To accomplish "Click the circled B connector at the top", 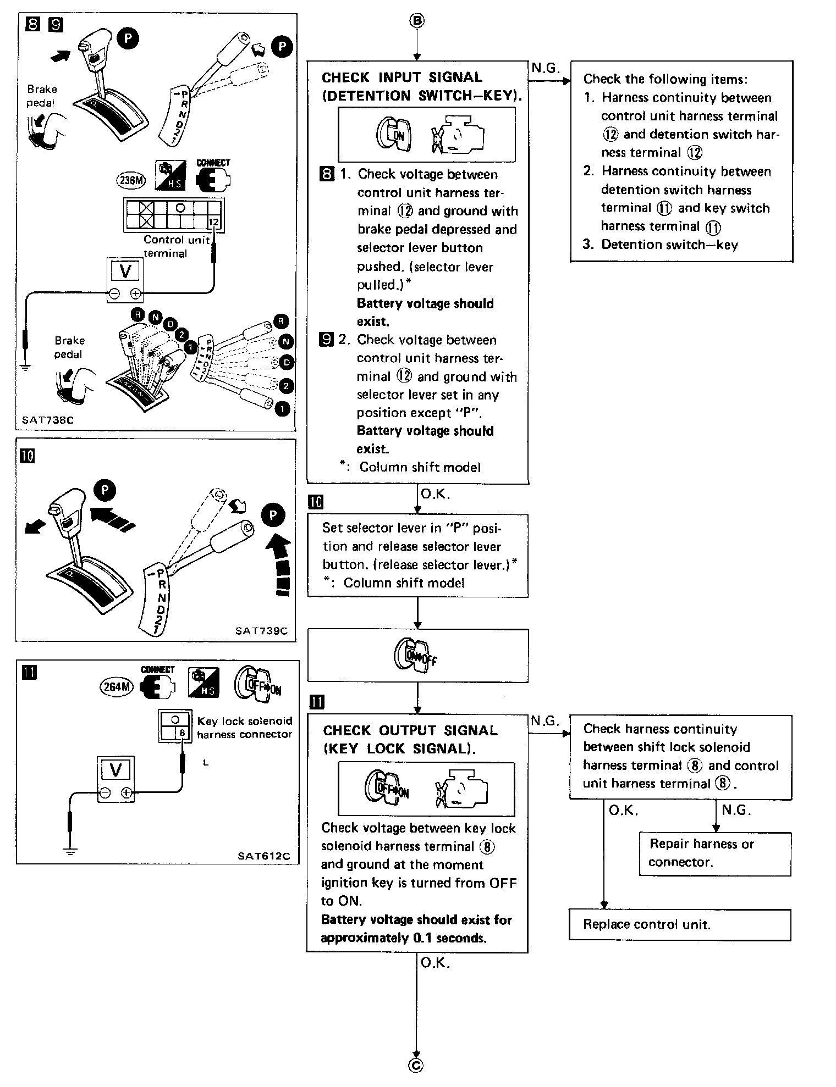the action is (417, 21).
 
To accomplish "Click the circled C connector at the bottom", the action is (416, 1065).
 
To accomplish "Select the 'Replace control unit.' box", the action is (680, 925).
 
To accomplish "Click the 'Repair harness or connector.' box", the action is (715, 853).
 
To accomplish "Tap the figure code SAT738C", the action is (48, 420).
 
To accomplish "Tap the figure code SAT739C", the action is (262, 631).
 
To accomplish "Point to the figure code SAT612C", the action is (264, 856).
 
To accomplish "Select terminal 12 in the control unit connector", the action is (215, 222).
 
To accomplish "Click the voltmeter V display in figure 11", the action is (116, 770).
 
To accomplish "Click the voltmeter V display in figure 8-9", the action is (125, 271).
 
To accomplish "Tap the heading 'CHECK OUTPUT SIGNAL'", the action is (410, 730).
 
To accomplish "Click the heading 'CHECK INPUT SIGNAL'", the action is (402, 77).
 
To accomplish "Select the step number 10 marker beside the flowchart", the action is (316, 502).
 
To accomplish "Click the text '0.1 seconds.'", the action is (449, 938).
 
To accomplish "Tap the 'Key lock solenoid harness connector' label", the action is (245, 727).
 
